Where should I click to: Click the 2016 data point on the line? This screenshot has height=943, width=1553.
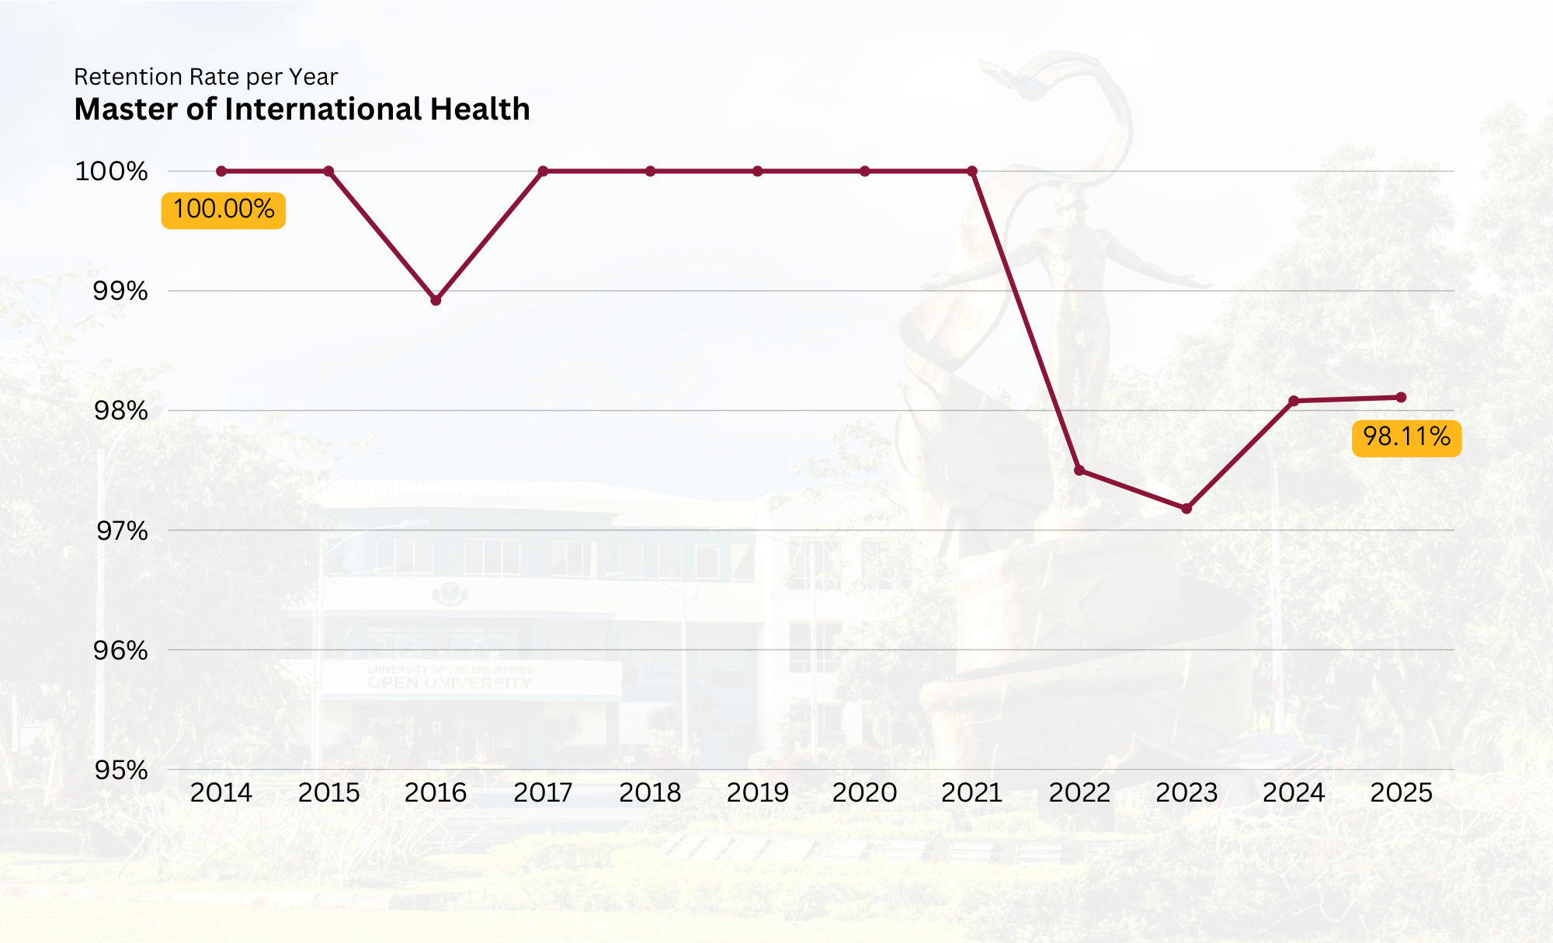pyautogui.click(x=436, y=300)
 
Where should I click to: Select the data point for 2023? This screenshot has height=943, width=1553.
pyautogui.click(x=1186, y=509)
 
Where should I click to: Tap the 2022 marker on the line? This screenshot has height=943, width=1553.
pyautogui.click(x=1079, y=471)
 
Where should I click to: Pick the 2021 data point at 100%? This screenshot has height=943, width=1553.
pyautogui.click(x=972, y=171)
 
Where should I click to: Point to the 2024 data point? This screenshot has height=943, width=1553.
pyautogui.click(x=1294, y=401)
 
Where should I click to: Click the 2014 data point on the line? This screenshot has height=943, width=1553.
pyautogui.click(x=221, y=171)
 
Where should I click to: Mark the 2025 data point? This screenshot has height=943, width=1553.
pyautogui.click(x=1401, y=398)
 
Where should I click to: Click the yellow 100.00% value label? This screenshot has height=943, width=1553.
pyautogui.click(x=224, y=210)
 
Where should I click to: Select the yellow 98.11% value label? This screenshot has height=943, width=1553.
pyautogui.click(x=1406, y=437)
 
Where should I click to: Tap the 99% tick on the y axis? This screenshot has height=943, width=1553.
pyautogui.click(x=120, y=291)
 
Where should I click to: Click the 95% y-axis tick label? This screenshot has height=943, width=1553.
pyautogui.click(x=120, y=770)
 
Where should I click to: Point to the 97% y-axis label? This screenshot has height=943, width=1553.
pyautogui.click(x=120, y=531)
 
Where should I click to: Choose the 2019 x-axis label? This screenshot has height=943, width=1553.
pyautogui.click(x=757, y=792)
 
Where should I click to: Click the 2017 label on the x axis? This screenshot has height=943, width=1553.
pyautogui.click(x=543, y=792)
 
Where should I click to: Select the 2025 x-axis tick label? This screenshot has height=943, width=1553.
pyautogui.click(x=1401, y=792)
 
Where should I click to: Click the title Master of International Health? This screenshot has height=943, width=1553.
pyautogui.click(x=302, y=110)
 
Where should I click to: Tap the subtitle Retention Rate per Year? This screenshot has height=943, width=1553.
pyautogui.click(x=206, y=77)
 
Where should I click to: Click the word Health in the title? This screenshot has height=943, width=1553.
pyautogui.click(x=480, y=110)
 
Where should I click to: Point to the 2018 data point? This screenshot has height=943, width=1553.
pyautogui.click(x=650, y=171)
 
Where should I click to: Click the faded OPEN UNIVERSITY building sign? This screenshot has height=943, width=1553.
pyautogui.click(x=450, y=682)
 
